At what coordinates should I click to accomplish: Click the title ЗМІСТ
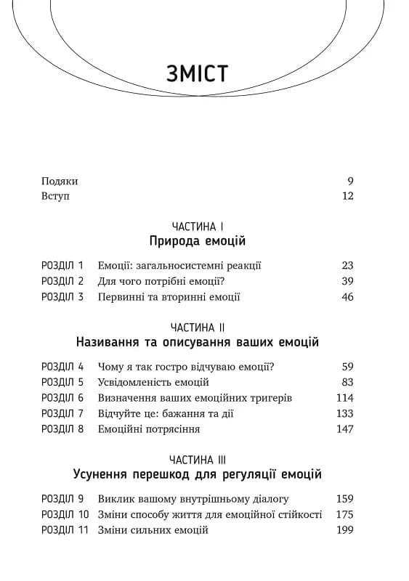(x=197, y=74)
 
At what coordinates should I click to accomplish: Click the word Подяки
(x=59, y=182)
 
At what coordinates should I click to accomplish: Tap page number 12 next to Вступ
(x=347, y=196)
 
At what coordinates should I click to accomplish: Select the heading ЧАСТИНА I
(x=198, y=227)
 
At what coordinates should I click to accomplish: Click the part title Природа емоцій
(x=198, y=242)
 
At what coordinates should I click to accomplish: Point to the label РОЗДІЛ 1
(x=63, y=266)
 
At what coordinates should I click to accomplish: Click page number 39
(x=347, y=281)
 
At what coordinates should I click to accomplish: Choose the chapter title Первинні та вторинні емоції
(x=169, y=297)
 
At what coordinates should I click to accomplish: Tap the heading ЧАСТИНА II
(x=198, y=328)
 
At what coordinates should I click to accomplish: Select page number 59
(x=347, y=367)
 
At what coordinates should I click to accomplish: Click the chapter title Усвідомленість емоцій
(x=153, y=382)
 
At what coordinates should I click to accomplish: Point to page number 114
(x=345, y=398)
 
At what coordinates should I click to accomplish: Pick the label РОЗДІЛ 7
(x=63, y=413)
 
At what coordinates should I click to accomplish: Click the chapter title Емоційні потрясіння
(x=149, y=429)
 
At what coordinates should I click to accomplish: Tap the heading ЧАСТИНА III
(x=198, y=460)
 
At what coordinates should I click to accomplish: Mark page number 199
(x=345, y=530)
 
